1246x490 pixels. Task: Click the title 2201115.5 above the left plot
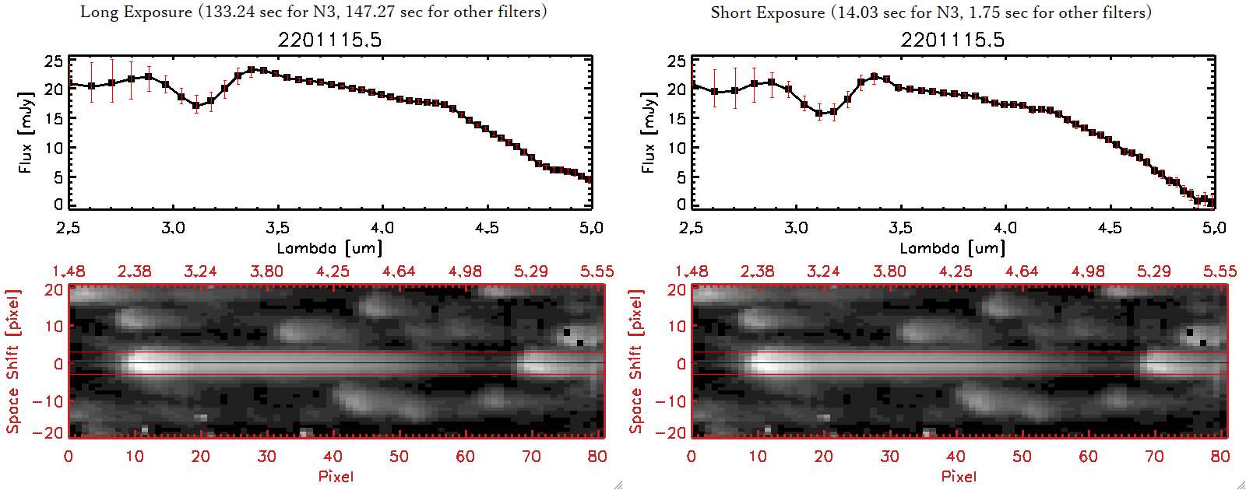point(329,40)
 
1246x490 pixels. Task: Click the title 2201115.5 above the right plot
point(952,40)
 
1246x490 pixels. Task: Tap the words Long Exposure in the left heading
point(136,12)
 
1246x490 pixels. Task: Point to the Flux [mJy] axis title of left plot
point(26,132)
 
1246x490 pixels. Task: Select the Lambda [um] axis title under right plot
point(952,248)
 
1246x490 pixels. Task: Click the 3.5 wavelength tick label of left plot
point(277,228)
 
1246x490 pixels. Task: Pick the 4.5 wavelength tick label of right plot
point(1110,228)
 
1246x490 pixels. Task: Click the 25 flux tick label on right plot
point(677,61)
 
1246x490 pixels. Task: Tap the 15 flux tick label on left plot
point(54,118)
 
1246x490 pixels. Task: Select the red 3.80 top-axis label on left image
point(266,271)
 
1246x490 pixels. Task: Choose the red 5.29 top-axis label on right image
point(1153,271)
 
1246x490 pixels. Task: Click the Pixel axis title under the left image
point(336,476)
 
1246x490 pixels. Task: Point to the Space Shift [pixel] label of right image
point(636,361)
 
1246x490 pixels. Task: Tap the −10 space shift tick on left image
point(48,401)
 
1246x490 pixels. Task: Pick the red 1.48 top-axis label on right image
point(692,271)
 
